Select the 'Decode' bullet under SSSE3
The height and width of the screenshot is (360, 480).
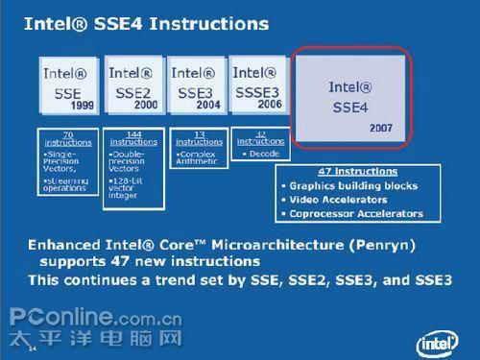point(262,153)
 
